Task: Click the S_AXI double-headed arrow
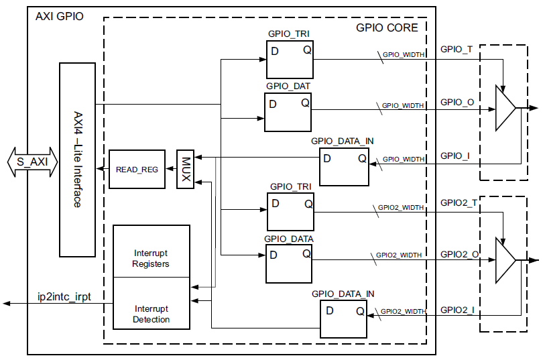[33, 162]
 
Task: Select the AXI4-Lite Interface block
[77, 160]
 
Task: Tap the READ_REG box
[137, 169]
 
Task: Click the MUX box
[185, 169]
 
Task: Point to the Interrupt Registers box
[152, 251]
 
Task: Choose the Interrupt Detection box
[152, 303]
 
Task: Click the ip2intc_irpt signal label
[64, 297]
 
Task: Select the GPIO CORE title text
[387, 27]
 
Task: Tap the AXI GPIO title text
[60, 16]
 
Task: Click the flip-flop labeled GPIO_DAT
[288, 112]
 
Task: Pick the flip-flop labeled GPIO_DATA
[289, 263]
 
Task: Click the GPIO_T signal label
[457, 50]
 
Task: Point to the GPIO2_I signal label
[457, 310]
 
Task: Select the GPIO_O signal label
[457, 103]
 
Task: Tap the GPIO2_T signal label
[459, 203]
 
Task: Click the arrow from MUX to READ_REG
[171, 169]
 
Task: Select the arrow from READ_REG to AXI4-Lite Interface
[103, 169]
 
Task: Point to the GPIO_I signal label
[455, 156]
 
